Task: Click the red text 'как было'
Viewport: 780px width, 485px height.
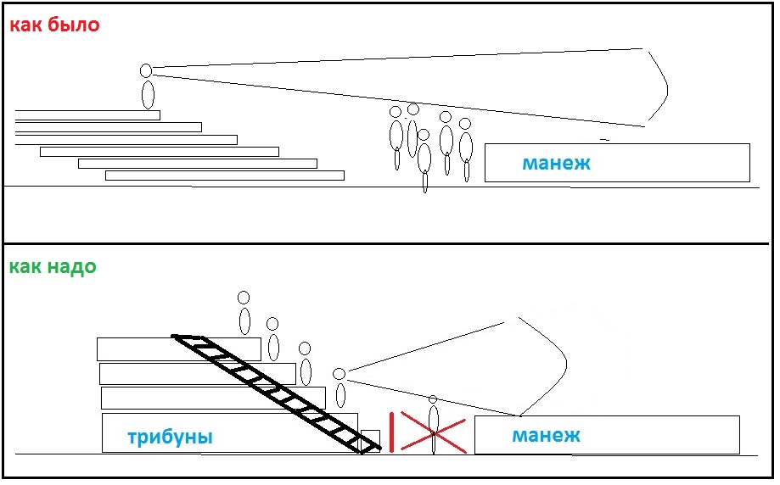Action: point(54,25)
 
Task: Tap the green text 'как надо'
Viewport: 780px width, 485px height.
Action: point(53,267)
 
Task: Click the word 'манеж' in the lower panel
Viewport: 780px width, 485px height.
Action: point(546,436)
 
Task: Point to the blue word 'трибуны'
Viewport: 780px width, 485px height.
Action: point(170,438)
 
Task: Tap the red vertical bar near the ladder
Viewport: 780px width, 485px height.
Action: point(390,430)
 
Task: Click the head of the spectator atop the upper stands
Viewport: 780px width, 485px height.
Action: point(146,70)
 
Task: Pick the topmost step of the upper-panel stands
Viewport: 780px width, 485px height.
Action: point(87,115)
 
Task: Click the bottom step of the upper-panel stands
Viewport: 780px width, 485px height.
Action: point(224,176)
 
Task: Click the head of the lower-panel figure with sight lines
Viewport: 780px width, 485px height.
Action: point(339,374)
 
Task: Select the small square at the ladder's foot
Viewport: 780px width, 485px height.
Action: point(370,441)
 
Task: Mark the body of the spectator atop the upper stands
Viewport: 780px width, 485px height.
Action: point(148,94)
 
